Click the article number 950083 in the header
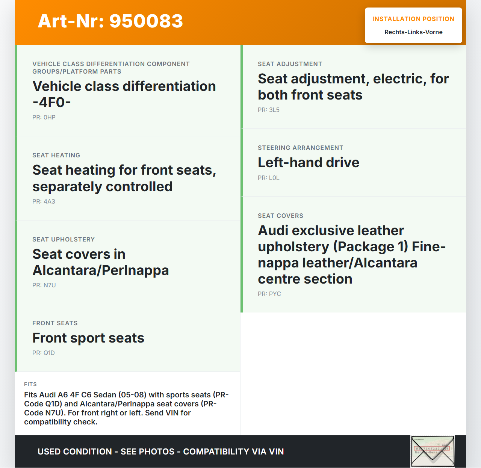click(146, 21)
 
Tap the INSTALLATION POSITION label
click(413, 19)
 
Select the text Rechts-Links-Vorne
click(413, 32)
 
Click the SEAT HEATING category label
click(56, 155)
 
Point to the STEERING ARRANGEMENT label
click(300, 148)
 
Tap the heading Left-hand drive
click(309, 163)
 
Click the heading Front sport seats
click(88, 338)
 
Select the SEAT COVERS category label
click(280, 216)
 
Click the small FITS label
click(30, 384)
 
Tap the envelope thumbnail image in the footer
click(433, 451)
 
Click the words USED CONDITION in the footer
click(75, 451)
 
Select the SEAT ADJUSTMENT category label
click(290, 64)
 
